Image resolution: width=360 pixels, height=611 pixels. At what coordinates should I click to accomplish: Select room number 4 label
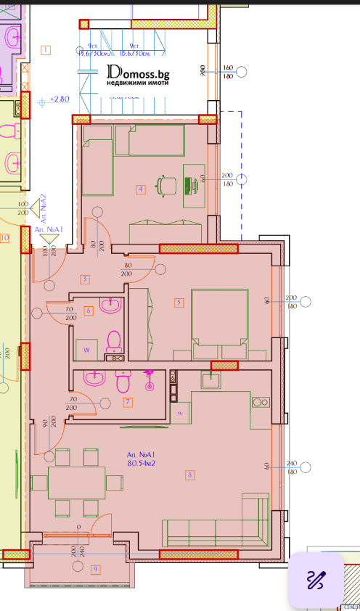point(141,190)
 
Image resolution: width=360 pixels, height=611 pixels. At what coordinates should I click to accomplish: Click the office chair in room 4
point(168,184)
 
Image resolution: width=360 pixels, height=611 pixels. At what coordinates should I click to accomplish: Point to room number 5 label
point(178,302)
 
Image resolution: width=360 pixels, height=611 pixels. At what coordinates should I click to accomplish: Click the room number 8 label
point(189,475)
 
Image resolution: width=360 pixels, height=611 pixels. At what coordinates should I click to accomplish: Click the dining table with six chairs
point(77,481)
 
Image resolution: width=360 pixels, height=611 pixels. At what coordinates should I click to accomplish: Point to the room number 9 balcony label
point(95,569)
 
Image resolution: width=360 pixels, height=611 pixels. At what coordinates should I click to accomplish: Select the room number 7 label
point(127,402)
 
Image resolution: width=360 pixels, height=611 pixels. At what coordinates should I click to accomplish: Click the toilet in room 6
point(113,341)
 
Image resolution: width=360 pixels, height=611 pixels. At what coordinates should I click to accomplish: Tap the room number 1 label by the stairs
point(46,50)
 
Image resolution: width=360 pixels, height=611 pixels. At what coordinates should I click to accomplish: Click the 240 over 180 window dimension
point(292,467)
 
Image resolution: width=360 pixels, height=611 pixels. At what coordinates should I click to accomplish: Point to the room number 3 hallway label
point(85,279)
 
